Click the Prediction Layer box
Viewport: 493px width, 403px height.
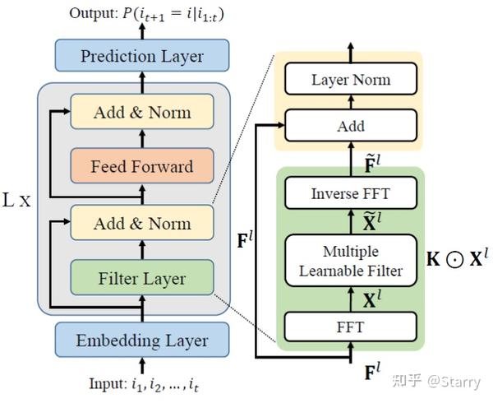[x=141, y=56]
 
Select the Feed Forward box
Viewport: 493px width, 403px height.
[x=141, y=167]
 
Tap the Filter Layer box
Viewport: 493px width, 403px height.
[x=141, y=278]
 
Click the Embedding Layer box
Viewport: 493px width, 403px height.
[x=141, y=340]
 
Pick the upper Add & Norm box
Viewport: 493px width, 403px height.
[x=141, y=112]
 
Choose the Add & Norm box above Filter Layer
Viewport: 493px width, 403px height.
[x=141, y=223]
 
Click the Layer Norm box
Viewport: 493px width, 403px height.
[x=351, y=80]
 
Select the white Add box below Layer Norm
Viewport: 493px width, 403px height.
[x=351, y=127]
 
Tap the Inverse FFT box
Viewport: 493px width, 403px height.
[x=351, y=195]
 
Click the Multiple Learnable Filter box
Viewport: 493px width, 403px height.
[x=351, y=259]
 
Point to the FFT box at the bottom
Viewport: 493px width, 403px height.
[x=351, y=326]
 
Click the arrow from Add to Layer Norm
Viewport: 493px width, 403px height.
[x=351, y=103]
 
